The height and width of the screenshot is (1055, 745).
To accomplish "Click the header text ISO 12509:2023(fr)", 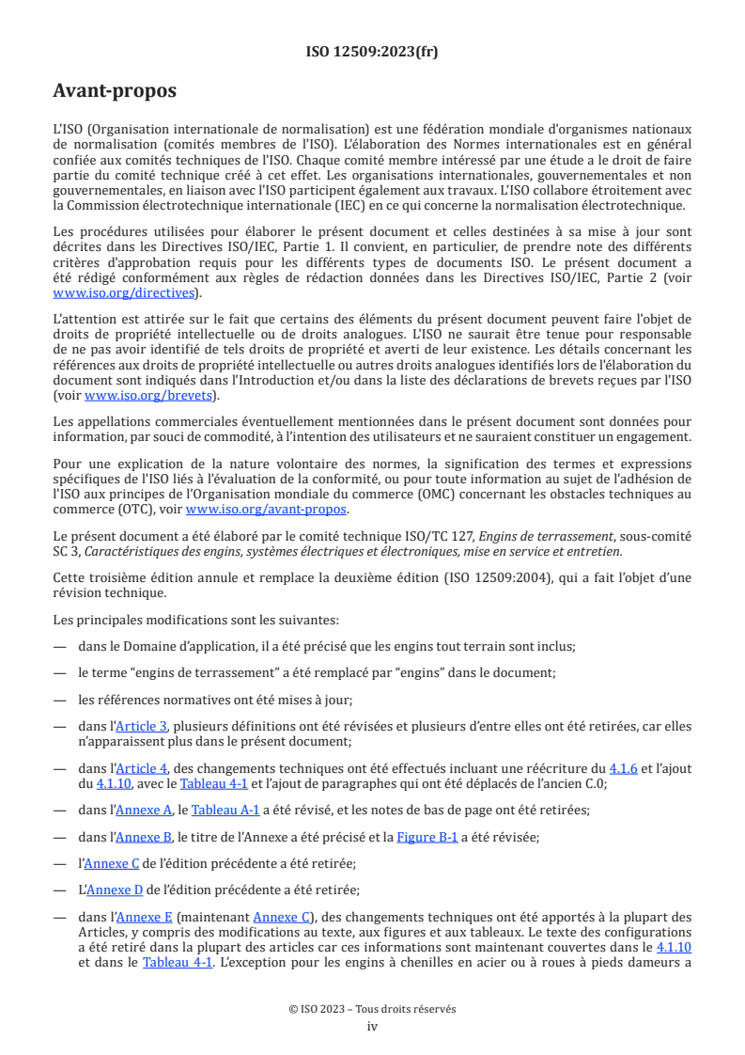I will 372,52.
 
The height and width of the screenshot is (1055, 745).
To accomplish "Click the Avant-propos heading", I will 114,91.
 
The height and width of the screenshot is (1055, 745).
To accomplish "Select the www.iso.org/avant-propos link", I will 266,510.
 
